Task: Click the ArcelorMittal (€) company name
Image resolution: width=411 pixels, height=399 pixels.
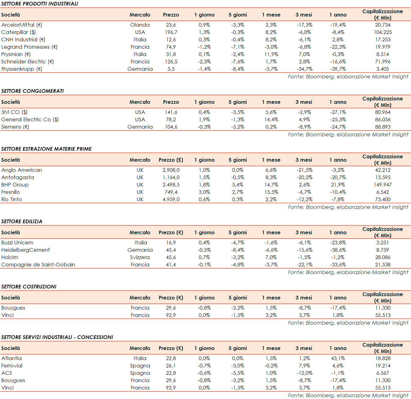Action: coord(22,25)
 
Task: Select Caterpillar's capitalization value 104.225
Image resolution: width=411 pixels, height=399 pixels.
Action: coord(383,32)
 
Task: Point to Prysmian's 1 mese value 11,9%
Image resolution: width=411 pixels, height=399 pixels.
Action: coord(271,54)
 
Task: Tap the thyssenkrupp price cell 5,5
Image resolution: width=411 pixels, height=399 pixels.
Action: coord(171,69)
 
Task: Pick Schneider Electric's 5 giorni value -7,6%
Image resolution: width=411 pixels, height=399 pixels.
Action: coord(238,62)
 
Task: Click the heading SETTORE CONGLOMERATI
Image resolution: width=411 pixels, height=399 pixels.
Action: coord(32,91)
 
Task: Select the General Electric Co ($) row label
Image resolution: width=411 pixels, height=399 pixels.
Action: coord(30,119)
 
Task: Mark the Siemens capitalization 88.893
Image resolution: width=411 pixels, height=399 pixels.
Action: coord(383,127)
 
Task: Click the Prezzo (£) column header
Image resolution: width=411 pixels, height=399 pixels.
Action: coord(171,160)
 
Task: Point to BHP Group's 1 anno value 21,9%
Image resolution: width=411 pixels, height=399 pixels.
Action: coord(338,185)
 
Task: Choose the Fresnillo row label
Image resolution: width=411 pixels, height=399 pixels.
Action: coord(11,192)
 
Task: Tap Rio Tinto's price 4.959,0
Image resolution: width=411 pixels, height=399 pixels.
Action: coord(171,199)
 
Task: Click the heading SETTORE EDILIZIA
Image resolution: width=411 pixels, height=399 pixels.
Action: coord(22,221)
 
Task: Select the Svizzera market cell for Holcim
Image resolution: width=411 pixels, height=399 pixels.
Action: coord(140,257)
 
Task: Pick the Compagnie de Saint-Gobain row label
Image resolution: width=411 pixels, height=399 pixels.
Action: coord(38,265)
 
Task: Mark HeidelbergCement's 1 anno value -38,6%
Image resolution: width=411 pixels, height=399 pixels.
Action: coord(338,250)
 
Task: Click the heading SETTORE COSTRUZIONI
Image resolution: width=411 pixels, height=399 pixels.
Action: coord(29,287)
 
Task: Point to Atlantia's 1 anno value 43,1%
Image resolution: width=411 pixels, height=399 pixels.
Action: coord(338,358)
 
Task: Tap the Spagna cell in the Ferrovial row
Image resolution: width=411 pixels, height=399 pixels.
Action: coord(140,366)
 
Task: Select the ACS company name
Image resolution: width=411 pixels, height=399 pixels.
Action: coord(7,373)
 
